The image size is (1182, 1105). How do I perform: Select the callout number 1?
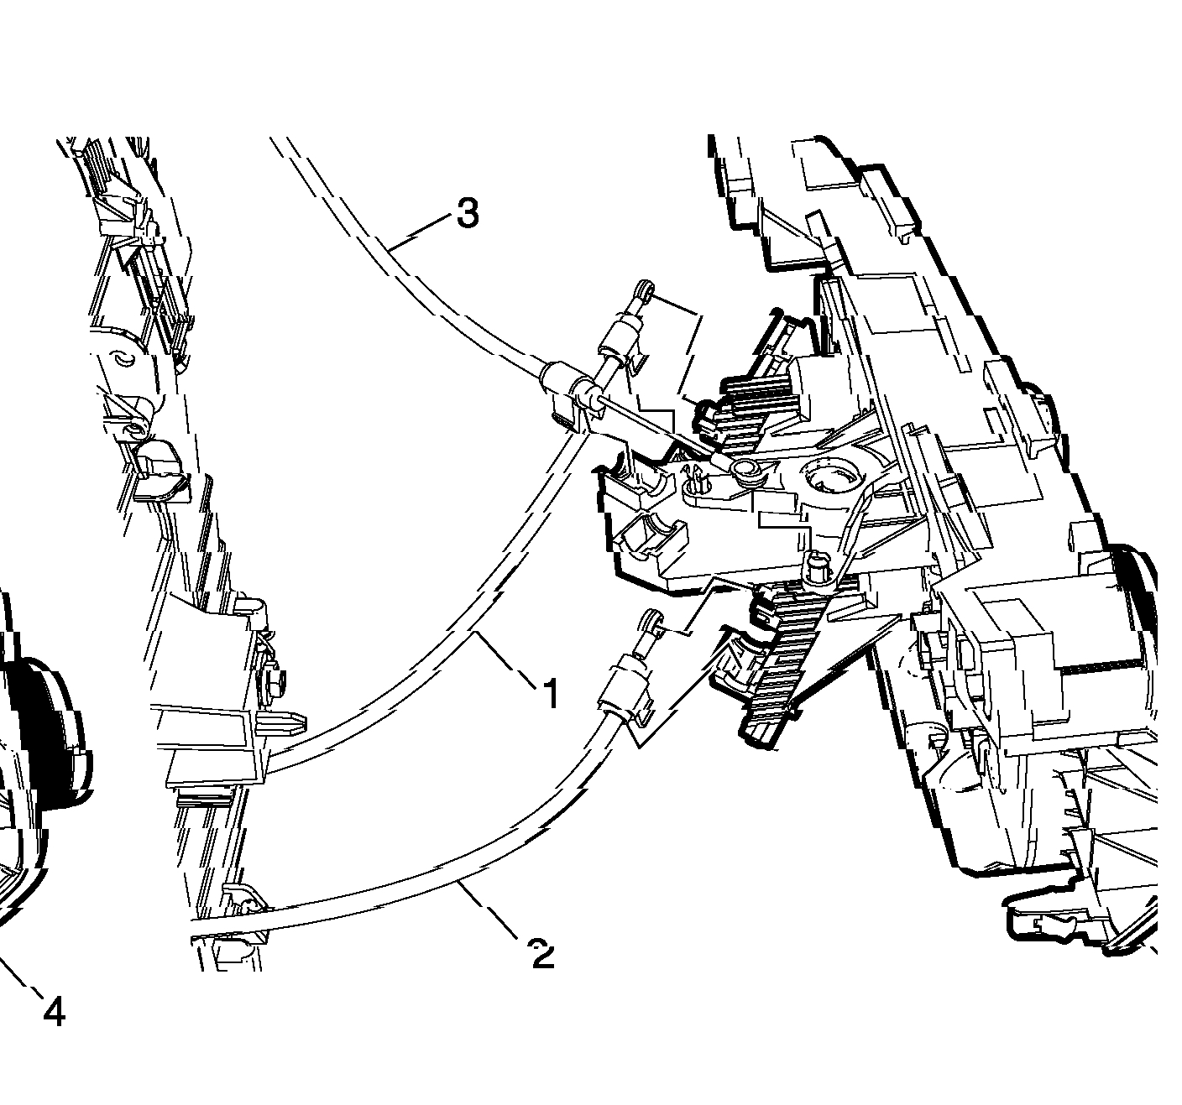pyautogui.click(x=550, y=694)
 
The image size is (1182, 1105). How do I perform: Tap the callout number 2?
pyautogui.click(x=543, y=955)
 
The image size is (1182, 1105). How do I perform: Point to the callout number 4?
pyautogui.click(x=54, y=1014)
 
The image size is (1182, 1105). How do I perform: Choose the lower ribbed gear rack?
pyautogui.click(x=781, y=654)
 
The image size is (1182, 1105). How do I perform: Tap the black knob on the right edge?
pyautogui.click(x=1140, y=604)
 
